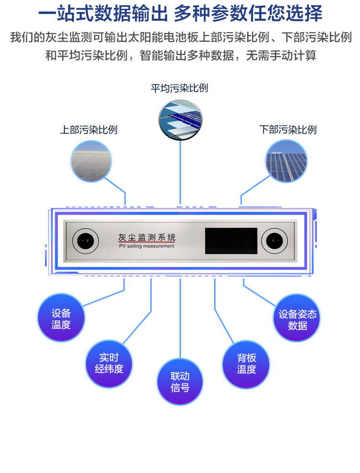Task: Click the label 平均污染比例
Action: pos(180,88)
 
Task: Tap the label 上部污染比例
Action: pos(89,130)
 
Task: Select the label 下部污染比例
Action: pos(288,130)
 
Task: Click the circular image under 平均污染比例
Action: pos(180,119)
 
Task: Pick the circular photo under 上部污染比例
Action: pos(91,161)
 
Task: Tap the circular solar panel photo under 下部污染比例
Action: pos(287,161)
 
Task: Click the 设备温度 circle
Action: pos(61,318)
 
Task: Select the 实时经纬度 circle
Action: pos(109,363)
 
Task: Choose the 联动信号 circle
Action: pos(180,382)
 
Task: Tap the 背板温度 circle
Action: pos(246,364)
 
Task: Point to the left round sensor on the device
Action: pos(85,239)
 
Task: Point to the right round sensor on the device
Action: pos(274,239)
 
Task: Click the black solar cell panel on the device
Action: pos(228,241)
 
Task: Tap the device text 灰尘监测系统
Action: pos(146,237)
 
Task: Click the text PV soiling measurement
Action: pos(146,246)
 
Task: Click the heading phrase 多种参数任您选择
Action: pos(248,13)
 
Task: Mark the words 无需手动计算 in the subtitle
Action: pos(281,55)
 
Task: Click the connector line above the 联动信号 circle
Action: pos(180,317)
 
